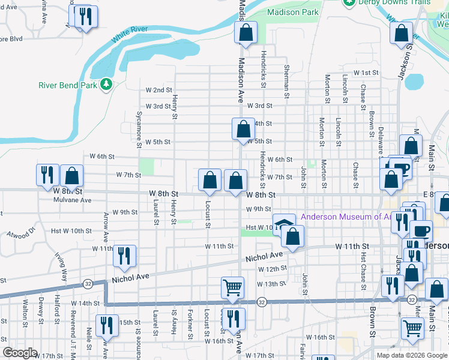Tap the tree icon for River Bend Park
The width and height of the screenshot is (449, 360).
click(106, 85)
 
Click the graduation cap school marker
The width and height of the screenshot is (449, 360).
click(285, 224)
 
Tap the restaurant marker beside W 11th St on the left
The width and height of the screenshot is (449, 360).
click(124, 255)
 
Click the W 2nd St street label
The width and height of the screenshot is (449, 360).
click(158, 90)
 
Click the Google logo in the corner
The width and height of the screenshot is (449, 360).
click(20, 353)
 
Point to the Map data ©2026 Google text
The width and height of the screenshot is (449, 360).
click(411, 355)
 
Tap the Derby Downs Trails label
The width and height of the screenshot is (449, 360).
click(394, 2)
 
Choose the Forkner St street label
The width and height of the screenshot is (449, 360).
click(190, 322)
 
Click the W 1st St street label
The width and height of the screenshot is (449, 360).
click(366, 73)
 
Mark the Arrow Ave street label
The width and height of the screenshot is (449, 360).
click(106, 223)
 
